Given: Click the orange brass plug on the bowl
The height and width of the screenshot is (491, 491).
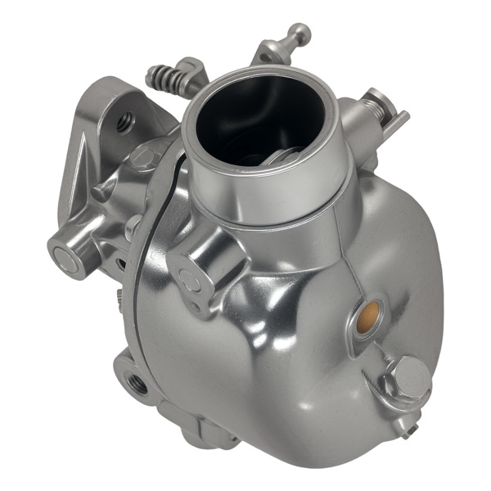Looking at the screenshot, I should pyautogui.click(x=369, y=312).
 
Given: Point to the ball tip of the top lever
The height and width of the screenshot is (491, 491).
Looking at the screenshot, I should pyautogui.click(x=300, y=34).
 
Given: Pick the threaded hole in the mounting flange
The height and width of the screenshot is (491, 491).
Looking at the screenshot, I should pyautogui.click(x=125, y=122).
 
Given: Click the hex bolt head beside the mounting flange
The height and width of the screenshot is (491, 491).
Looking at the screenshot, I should pyautogui.click(x=143, y=159).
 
